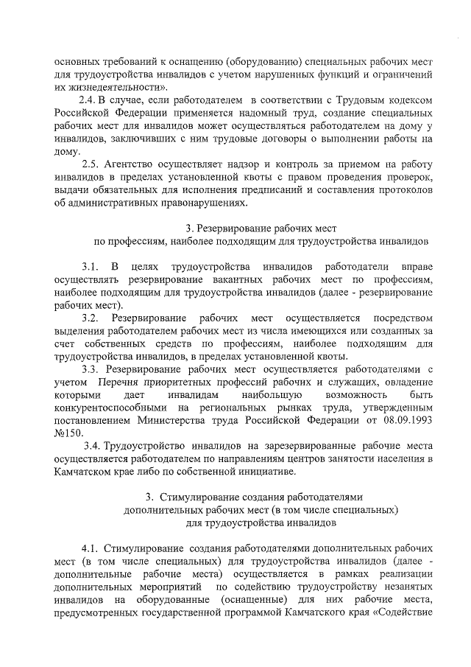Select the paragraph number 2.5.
[x=91, y=164]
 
